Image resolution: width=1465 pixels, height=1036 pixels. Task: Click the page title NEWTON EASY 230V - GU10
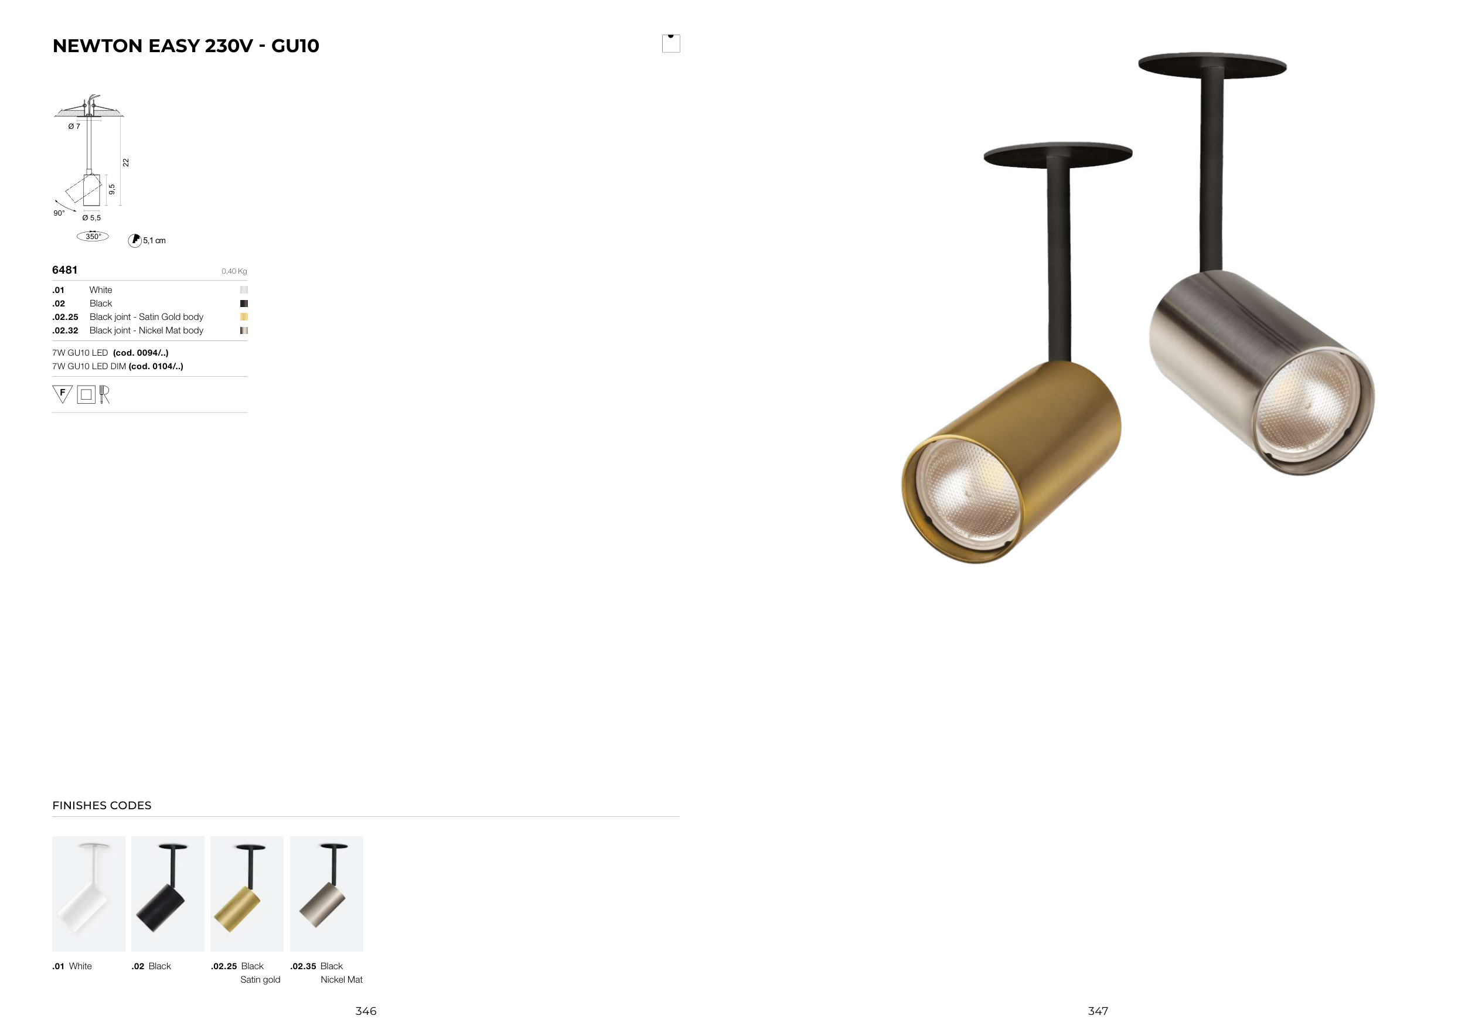click(x=186, y=46)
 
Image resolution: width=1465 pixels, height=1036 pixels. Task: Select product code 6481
click(x=64, y=270)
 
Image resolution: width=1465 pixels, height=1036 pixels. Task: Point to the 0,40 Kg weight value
click(x=234, y=271)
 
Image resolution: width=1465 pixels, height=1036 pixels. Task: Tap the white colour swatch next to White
click(x=244, y=289)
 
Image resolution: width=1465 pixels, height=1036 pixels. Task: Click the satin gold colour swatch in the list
click(x=244, y=317)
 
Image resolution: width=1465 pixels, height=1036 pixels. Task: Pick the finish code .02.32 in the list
click(x=65, y=330)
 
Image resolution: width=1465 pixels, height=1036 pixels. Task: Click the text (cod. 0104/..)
click(x=156, y=366)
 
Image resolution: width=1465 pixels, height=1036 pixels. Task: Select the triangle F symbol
click(x=63, y=394)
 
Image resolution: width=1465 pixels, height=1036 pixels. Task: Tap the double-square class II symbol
click(x=86, y=395)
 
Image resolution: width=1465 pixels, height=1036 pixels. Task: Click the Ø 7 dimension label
click(x=74, y=127)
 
